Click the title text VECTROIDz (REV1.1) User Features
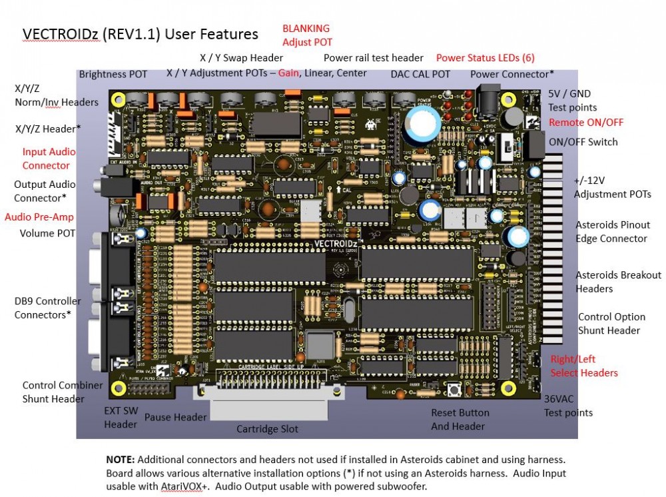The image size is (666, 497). (x=141, y=34)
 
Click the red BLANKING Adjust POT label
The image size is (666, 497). (x=306, y=35)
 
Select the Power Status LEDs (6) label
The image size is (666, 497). (x=485, y=58)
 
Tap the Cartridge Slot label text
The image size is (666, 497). (x=268, y=428)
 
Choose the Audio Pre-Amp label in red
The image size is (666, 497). (x=39, y=217)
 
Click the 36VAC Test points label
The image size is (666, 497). (x=568, y=406)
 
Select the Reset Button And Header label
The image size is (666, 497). (x=460, y=419)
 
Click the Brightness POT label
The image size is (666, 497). (x=113, y=74)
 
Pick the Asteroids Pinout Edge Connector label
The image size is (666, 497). (x=612, y=231)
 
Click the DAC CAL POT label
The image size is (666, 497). (x=420, y=74)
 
